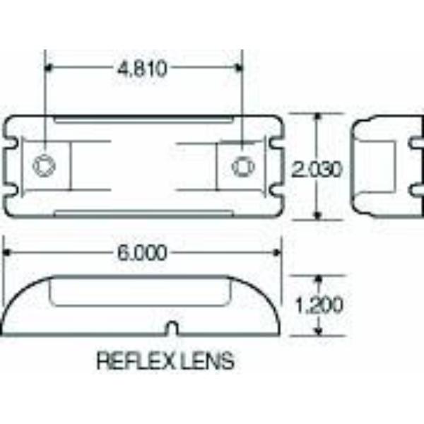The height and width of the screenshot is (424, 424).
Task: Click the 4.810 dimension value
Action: click(142, 69)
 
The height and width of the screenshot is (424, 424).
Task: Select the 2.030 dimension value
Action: click(317, 170)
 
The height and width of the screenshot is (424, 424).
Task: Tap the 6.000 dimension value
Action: click(142, 253)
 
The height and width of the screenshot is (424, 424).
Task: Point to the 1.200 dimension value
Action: click(319, 305)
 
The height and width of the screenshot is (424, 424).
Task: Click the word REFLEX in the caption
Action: click(136, 360)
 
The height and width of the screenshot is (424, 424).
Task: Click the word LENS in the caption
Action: click(208, 360)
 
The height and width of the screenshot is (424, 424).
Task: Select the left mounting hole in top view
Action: click(45, 165)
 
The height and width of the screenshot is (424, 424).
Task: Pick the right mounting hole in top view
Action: click(243, 166)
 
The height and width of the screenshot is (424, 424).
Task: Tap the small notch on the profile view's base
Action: click(173, 327)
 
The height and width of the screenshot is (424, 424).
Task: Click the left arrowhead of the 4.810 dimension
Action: click(48, 67)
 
